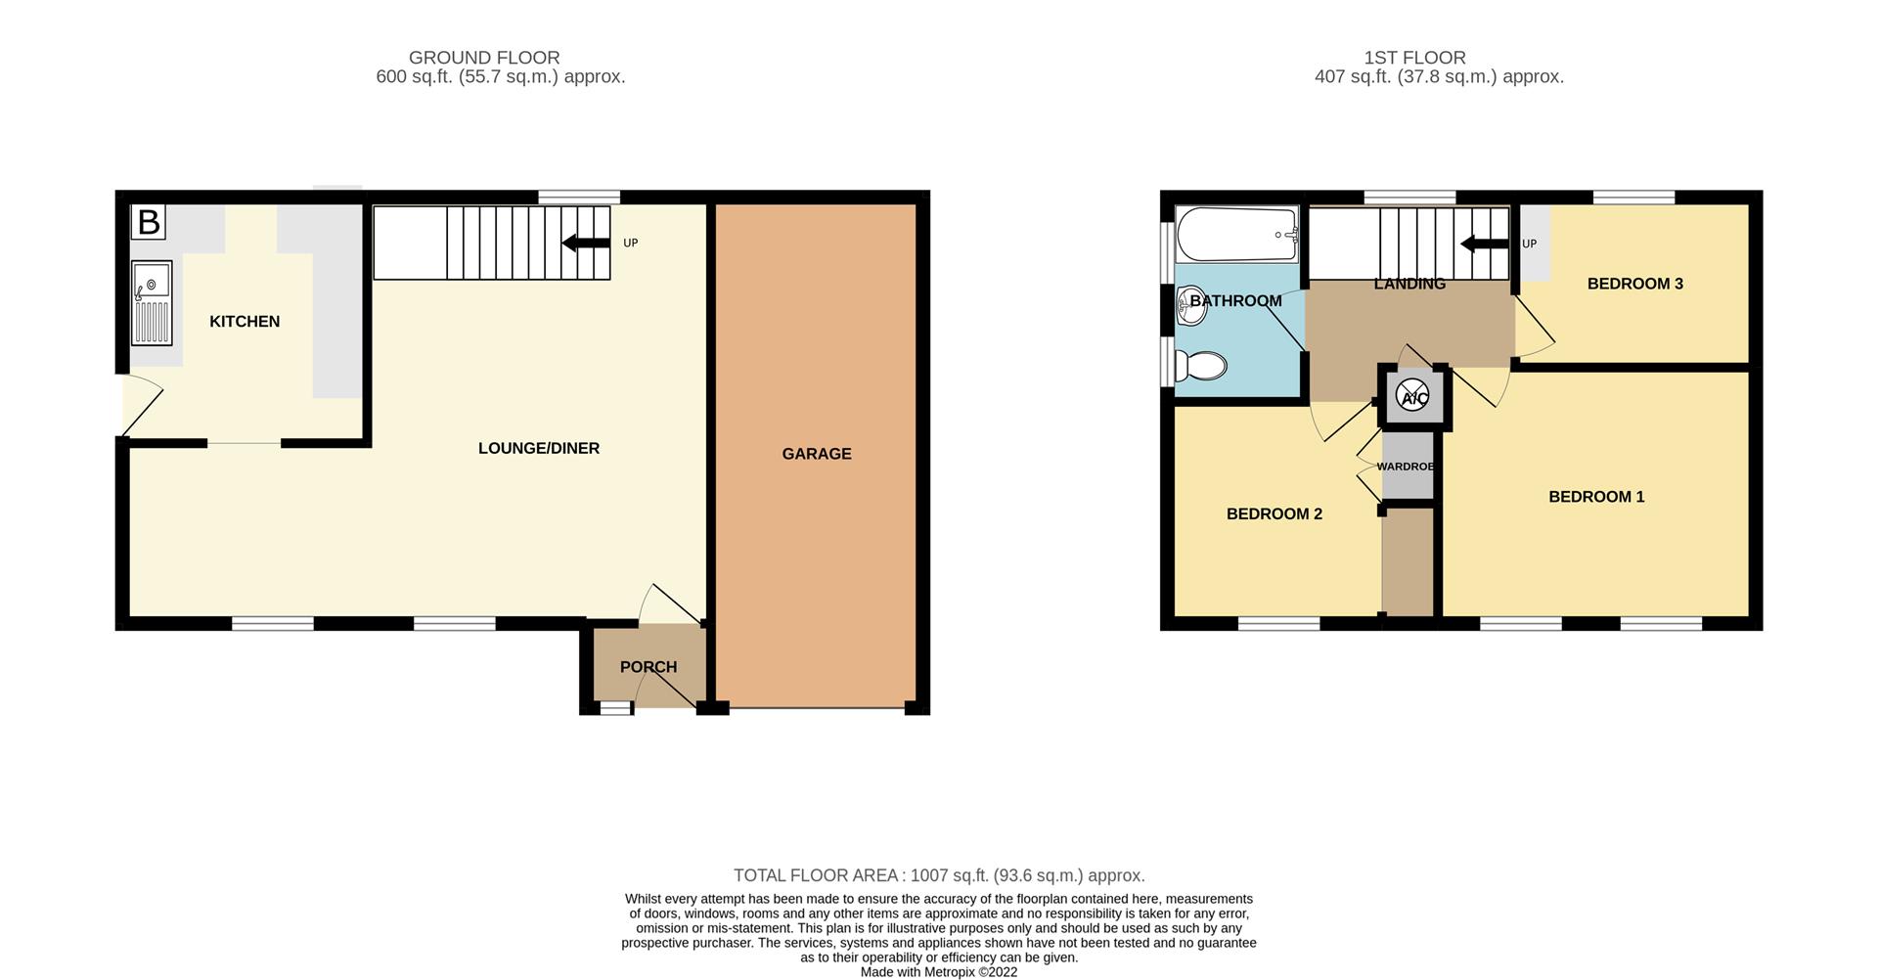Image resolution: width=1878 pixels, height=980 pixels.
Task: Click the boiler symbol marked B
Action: (149, 222)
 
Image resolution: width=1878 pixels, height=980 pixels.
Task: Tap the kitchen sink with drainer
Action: (152, 302)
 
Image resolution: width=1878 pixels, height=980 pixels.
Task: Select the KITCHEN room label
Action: (245, 322)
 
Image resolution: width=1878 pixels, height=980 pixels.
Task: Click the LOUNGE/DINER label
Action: (538, 449)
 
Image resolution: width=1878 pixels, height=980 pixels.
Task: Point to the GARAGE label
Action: (817, 454)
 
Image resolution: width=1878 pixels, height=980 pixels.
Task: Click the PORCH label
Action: (648, 667)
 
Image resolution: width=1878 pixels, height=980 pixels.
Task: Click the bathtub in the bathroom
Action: (1236, 235)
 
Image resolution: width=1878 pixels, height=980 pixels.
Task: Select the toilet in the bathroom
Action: (1201, 367)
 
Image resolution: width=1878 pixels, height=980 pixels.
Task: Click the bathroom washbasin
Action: (1192, 304)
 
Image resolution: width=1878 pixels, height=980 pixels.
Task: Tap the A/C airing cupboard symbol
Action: (1413, 397)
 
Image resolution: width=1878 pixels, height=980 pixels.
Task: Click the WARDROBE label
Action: (1406, 467)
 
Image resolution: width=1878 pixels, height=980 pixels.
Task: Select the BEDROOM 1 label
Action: (1596, 497)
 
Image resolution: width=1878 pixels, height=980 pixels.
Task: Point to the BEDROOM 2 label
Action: (1274, 514)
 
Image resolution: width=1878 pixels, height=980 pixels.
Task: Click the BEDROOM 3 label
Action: (1634, 284)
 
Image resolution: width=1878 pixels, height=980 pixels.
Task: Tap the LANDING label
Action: (1408, 284)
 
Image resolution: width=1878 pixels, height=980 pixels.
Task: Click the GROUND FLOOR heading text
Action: (483, 58)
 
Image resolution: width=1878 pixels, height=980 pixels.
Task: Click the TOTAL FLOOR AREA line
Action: (939, 876)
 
